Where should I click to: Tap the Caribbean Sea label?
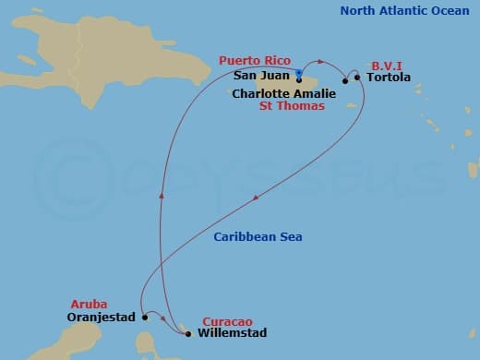[258, 237]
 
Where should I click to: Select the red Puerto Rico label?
[253, 60]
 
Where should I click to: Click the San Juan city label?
[261, 76]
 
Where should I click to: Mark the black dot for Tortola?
[358, 78]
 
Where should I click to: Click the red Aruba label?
[89, 304]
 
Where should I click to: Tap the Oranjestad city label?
[102, 317]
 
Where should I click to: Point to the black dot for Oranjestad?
[145, 317]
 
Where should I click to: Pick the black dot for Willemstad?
[188, 333]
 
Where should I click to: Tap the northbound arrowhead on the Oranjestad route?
[162, 194]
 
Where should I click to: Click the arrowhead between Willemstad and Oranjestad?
[163, 318]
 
